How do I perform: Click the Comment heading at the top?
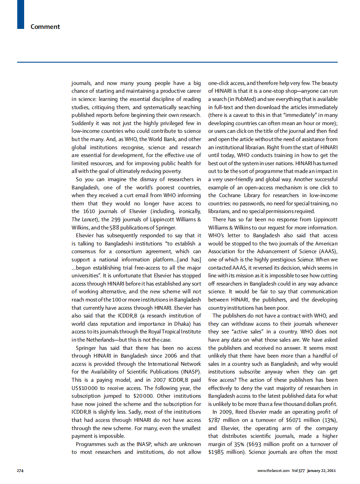45,27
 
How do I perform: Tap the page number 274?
20,470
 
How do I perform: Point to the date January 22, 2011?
321,470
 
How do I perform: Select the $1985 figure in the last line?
216,452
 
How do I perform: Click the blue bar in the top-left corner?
20,14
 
